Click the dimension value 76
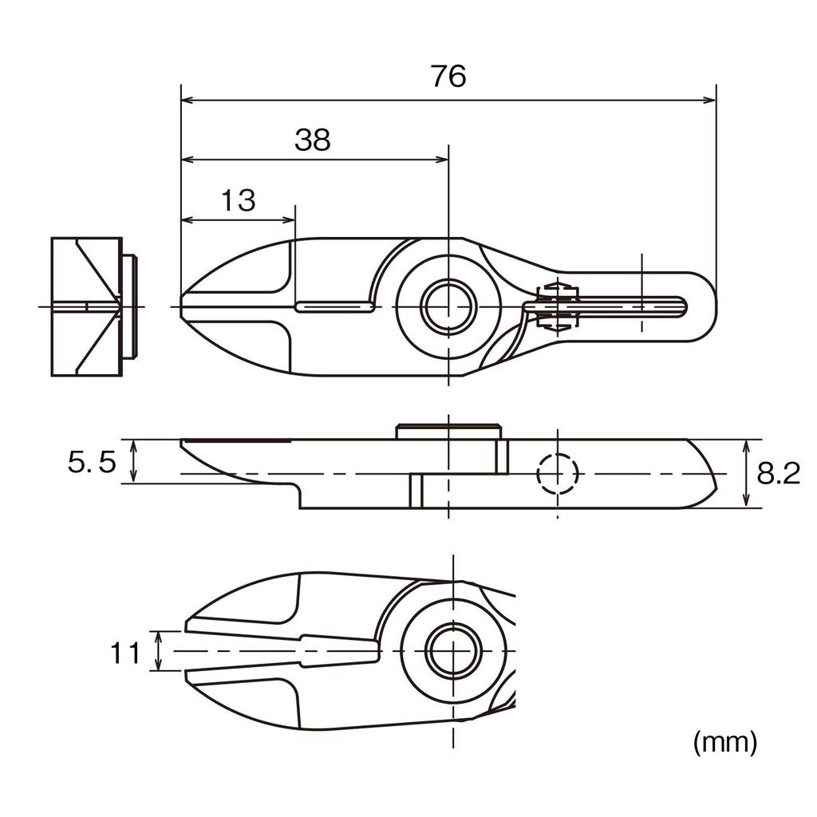448,77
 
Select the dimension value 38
312,140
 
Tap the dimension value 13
238,200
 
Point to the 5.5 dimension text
92,462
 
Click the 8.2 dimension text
778,474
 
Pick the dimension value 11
124,653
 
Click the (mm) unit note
724,742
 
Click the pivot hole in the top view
449,306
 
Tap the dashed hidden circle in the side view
557,473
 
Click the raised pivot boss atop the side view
448,432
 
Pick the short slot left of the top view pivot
334,306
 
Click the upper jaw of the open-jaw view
287,606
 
